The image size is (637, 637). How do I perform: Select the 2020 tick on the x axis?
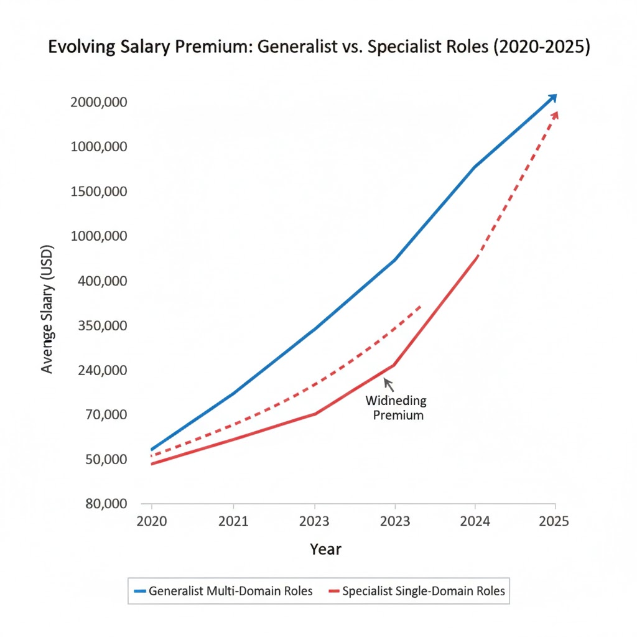(151, 521)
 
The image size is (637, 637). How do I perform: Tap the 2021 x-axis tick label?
(233, 521)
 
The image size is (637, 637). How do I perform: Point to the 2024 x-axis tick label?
(475, 521)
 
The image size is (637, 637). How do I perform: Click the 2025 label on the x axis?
(554, 521)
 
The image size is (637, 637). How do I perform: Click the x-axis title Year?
(325, 549)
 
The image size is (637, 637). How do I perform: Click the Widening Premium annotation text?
(397, 407)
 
